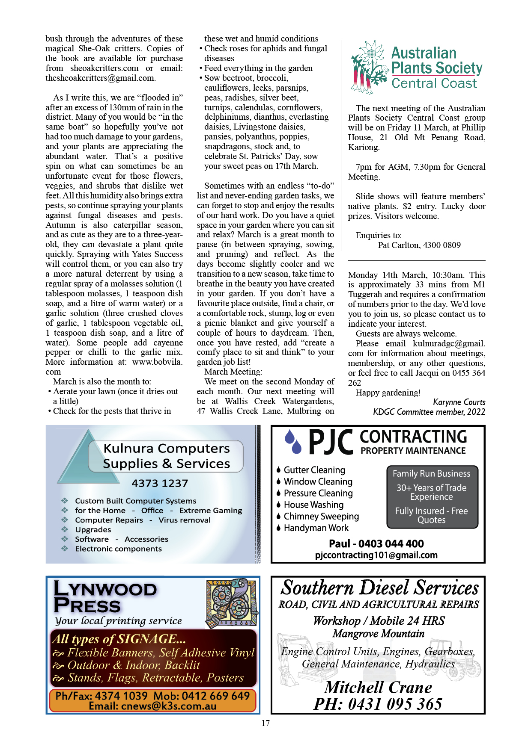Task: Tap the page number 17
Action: (265, 723)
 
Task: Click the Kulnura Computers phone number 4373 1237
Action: (160, 483)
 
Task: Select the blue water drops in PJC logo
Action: (293, 441)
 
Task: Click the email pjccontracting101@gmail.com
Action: (376, 555)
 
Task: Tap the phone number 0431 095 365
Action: (378, 704)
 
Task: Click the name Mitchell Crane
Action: (378, 687)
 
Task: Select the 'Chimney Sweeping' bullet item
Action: (321, 517)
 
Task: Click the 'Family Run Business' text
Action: (431, 474)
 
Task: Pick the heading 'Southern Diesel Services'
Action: (379, 588)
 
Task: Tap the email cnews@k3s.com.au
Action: (152, 706)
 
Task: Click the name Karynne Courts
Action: (459, 402)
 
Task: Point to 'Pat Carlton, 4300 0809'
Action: (419, 245)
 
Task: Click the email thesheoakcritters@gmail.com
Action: (101, 78)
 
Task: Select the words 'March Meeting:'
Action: (233, 372)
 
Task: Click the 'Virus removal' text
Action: (185, 520)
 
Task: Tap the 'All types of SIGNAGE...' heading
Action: (119, 639)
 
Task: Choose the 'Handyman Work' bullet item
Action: (316, 528)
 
